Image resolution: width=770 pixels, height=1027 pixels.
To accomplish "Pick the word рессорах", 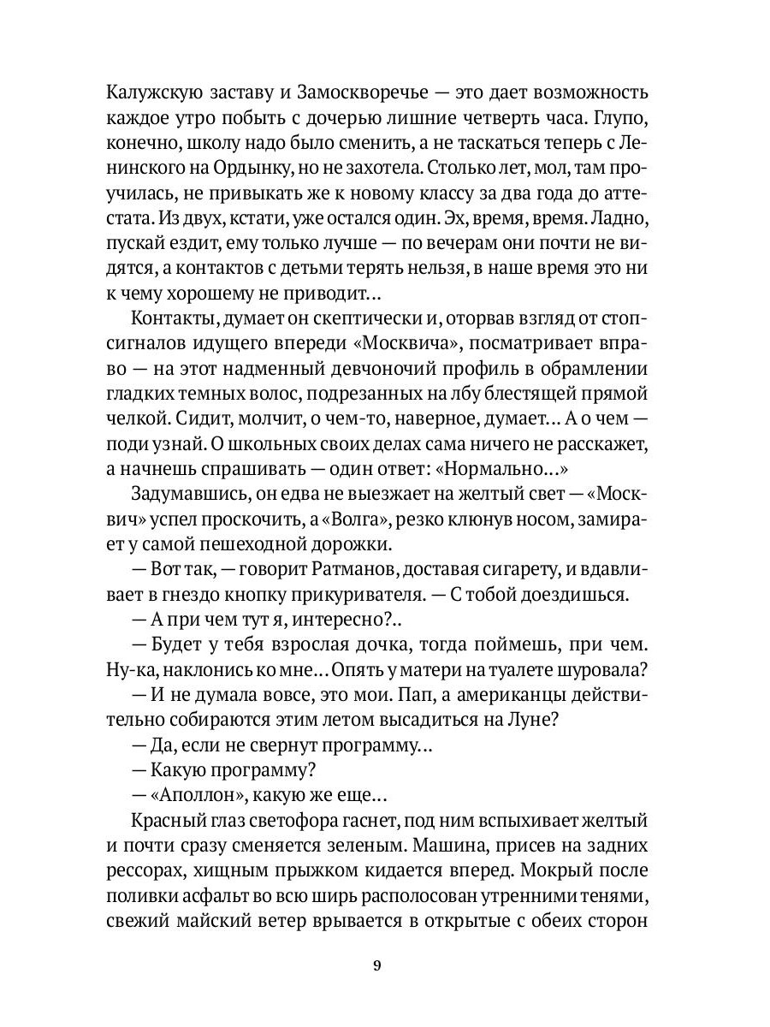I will click(x=146, y=866).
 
